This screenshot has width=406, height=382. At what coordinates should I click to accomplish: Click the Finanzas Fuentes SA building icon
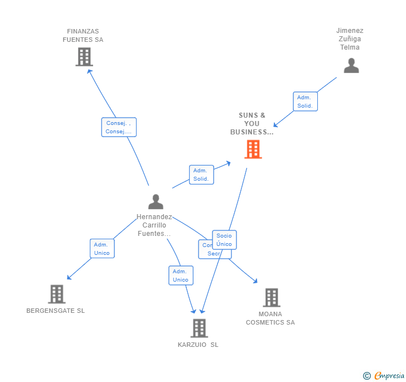click(x=84, y=57)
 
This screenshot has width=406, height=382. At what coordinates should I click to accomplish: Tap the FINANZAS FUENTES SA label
click(x=83, y=36)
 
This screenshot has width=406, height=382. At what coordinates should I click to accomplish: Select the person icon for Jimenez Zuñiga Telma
click(x=351, y=66)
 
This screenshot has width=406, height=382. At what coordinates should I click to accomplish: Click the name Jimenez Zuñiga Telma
click(x=350, y=39)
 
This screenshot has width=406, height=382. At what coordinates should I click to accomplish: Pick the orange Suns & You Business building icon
click(x=253, y=149)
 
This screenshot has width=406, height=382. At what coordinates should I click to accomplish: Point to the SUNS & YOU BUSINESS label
click(x=252, y=124)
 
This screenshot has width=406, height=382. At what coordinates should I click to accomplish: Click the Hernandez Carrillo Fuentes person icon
click(x=156, y=202)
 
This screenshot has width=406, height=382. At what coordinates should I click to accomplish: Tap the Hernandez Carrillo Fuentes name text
click(x=154, y=225)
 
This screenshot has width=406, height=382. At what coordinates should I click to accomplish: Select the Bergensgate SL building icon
click(x=56, y=294)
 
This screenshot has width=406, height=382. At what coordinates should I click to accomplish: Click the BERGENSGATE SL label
click(x=56, y=311)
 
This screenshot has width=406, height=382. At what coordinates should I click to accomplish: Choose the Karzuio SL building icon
click(x=199, y=328)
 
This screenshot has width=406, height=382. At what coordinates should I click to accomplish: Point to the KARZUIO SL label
click(x=198, y=345)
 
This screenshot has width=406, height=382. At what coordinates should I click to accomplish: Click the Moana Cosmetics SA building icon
click(x=271, y=298)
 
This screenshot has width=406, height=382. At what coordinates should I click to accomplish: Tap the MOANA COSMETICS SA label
click(x=270, y=318)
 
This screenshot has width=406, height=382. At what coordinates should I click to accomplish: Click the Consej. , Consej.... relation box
click(x=119, y=127)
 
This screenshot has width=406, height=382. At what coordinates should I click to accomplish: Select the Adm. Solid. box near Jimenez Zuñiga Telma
click(x=305, y=101)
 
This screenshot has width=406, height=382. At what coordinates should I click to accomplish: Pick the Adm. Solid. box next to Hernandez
click(x=201, y=175)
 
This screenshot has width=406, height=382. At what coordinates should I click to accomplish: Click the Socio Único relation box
click(x=224, y=240)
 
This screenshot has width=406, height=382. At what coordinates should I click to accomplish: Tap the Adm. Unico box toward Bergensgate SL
click(x=102, y=249)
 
